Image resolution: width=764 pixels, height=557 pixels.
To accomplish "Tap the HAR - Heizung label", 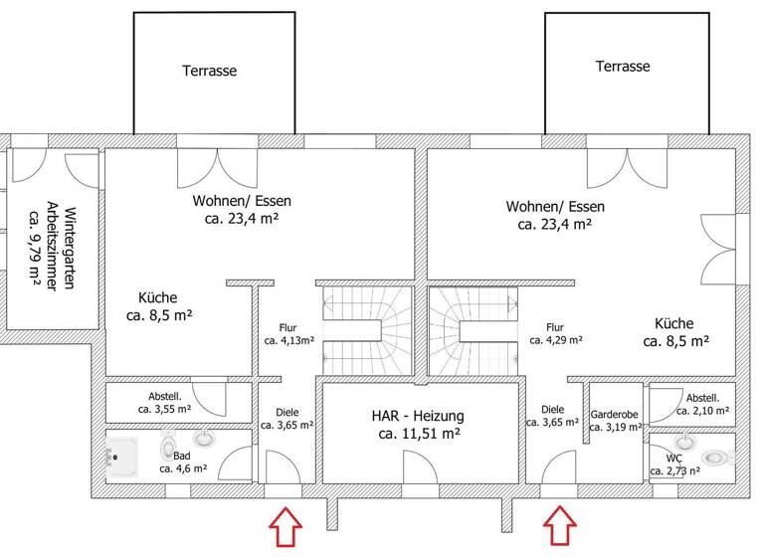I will click(418, 416).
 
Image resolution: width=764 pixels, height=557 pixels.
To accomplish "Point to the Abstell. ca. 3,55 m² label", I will click(164, 400).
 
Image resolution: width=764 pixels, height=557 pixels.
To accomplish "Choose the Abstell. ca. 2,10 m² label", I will click(702, 402).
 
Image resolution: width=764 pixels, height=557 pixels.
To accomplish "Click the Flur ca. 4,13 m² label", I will click(288, 332).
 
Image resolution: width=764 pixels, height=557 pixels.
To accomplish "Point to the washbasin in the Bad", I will click(205, 437).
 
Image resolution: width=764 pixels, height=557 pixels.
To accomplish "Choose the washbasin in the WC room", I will click(685, 440).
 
